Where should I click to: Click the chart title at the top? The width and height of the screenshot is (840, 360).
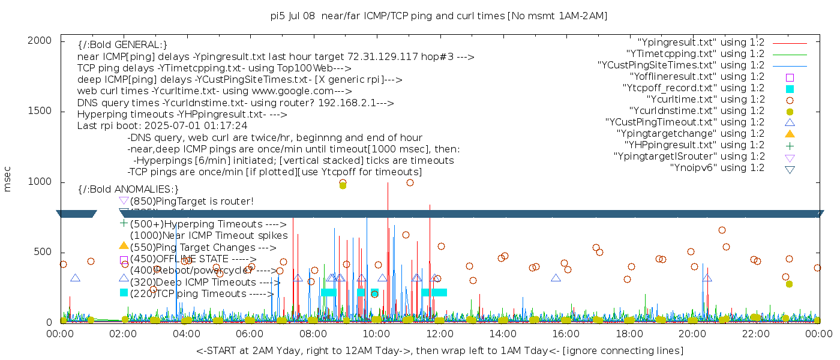pyautogui.click(x=439, y=16)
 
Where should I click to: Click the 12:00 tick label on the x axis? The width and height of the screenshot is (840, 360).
pyautogui.click(x=440, y=333)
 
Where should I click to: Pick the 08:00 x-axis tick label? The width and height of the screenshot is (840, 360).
pyautogui.click(x=313, y=333)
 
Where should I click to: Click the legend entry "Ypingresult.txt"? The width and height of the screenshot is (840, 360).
pyautogui.click(x=701, y=43)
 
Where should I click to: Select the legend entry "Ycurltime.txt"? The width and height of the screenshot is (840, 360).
pyautogui.click(x=706, y=100)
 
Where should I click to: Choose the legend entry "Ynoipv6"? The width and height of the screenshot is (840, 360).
pyautogui.click(x=718, y=168)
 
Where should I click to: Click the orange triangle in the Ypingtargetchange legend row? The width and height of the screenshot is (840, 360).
pyautogui.click(x=790, y=134)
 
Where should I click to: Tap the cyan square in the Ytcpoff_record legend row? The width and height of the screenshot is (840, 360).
pyautogui.click(x=790, y=88)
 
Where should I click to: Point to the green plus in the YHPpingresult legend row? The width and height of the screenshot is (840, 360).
pyautogui.click(x=790, y=145)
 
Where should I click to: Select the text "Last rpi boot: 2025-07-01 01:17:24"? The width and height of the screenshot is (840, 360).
pyautogui.click(x=162, y=126)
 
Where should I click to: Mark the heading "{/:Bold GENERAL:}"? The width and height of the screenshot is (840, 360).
pyautogui.click(x=122, y=45)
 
